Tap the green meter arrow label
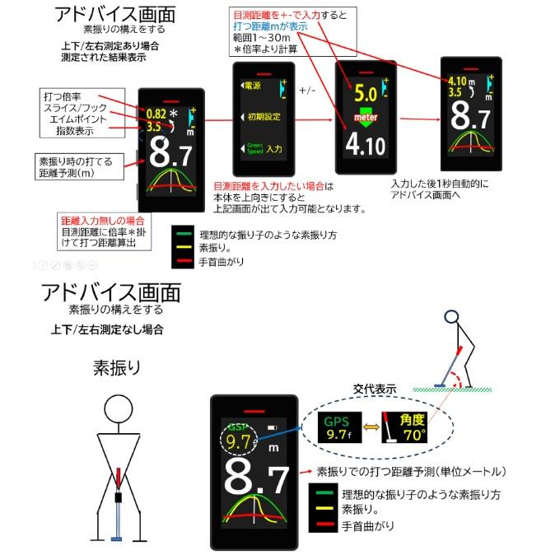click(365, 118)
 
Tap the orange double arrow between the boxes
click(373, 427)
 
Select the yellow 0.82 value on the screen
click(156, 114)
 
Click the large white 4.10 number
click(365, 147)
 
